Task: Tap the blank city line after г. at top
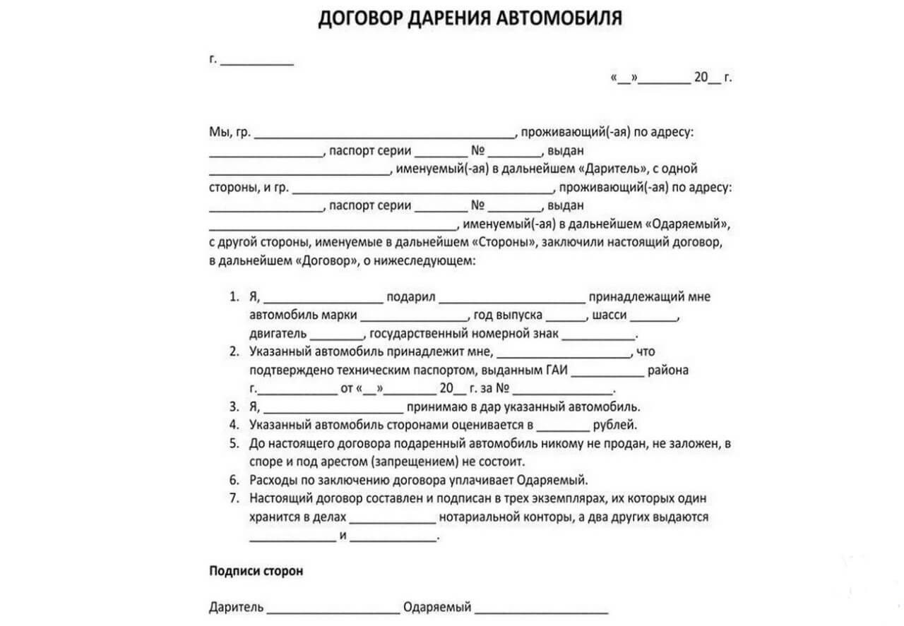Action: pos(257,62)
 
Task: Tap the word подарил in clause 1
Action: pos(410,297)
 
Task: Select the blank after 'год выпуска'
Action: pos(566,318)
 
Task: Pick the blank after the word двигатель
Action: pos(335,336)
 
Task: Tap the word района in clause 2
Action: pos(670,370)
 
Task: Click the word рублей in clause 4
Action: pos(614,426)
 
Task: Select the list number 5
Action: pos(234,444)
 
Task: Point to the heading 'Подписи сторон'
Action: pos(256,571)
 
